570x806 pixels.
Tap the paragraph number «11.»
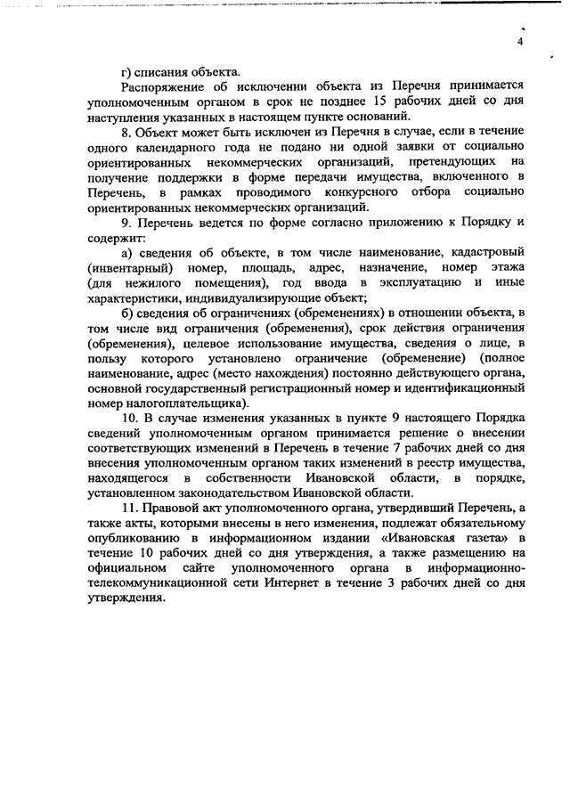pos(130,509)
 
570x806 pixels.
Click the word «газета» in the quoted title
pos(485,539)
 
